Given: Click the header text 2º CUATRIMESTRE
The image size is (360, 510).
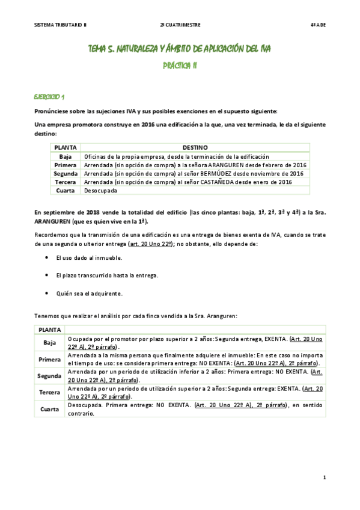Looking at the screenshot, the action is click(x=180, y=25).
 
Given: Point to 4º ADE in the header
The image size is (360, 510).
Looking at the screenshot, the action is click(x=317, y=25).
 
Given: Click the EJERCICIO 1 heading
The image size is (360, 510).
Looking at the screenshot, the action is click(x=50, y=96).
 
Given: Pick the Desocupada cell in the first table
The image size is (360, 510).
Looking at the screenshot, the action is click(x=100, y=191).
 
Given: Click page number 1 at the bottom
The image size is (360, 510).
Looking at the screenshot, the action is click(x=324, y=478).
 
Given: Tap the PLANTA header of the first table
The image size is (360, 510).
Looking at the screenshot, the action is click(x=66, y=147).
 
